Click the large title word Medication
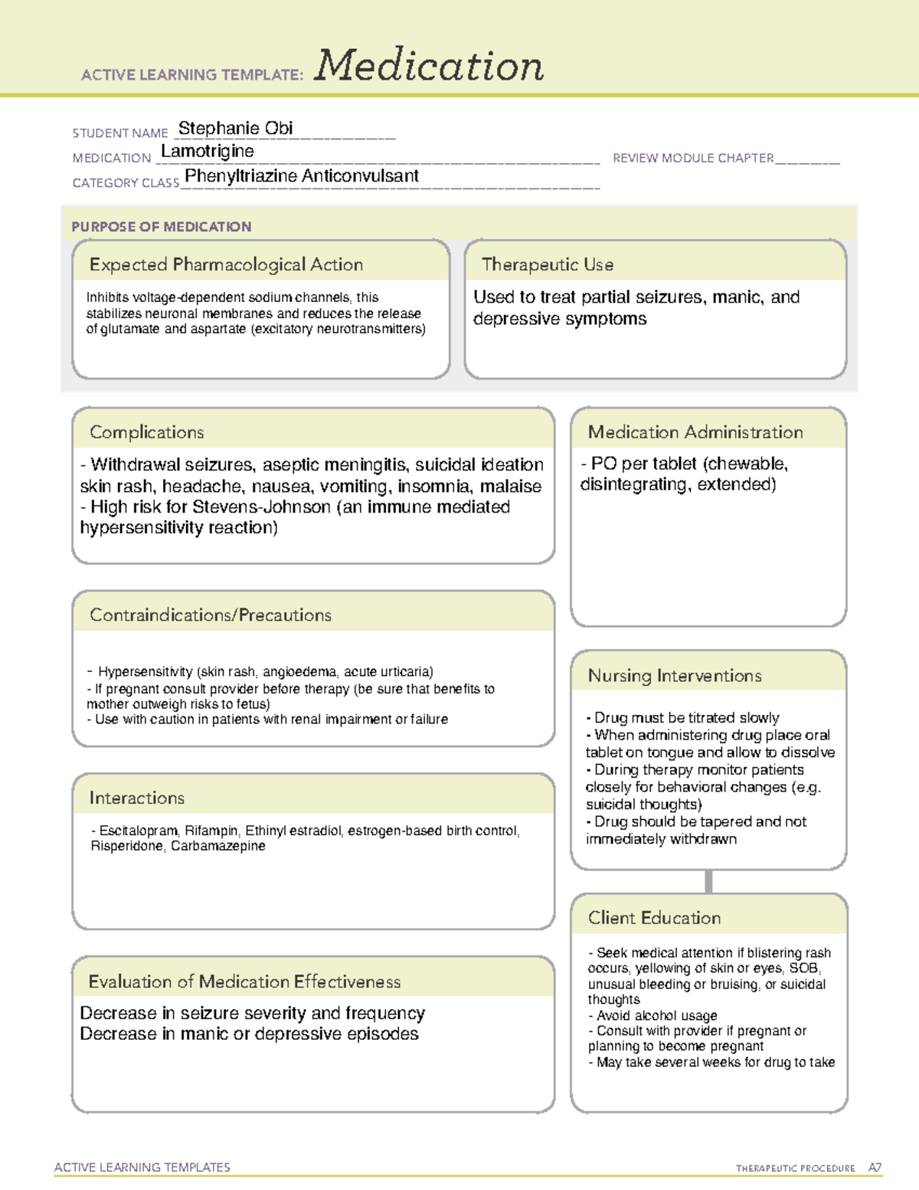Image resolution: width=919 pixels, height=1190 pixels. coord(429,66)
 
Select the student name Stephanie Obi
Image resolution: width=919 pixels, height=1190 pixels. coord(235,129)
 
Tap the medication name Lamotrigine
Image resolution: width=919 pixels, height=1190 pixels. coord(208,152)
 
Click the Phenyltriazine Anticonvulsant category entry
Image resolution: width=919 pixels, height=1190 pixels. coord(302,176)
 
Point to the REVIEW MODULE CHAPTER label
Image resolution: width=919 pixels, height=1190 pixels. coord(693,159)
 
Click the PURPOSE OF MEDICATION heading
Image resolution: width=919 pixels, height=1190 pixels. coord(162,227)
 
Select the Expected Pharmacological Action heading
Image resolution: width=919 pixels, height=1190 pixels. coord(226,265)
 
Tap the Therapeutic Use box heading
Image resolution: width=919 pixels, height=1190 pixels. coord(548,265)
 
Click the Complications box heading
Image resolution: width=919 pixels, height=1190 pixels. coord(147,433)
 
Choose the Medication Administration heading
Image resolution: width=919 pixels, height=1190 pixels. coord(695,433)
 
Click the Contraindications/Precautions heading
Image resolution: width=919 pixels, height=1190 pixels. coord(211,615)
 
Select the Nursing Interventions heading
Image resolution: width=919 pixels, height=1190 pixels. coord(675,676)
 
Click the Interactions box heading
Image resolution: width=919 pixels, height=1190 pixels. coord(137,798)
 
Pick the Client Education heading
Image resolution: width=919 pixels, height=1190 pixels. coord(654,918)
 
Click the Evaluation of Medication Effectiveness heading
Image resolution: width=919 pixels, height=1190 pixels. coord(244,982)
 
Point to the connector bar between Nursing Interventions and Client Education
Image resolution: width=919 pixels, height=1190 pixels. coord(708,881)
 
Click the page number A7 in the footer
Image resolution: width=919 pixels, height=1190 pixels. coord(875,1168)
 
